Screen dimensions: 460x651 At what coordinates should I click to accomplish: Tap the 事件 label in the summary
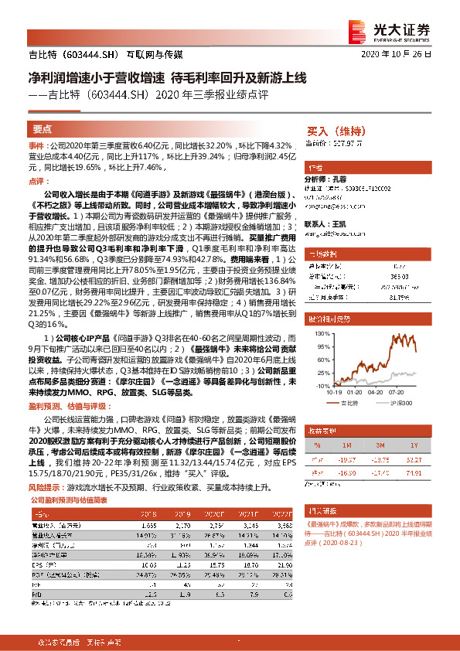(x=36, y=145)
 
